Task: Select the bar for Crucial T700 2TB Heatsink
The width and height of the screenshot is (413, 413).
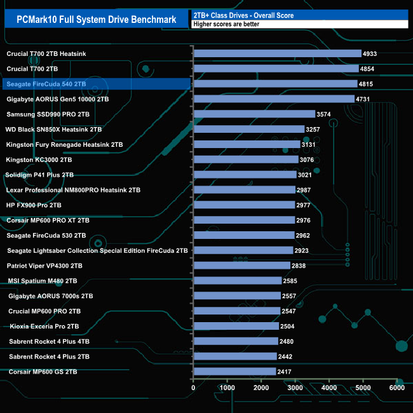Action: click(277, 54)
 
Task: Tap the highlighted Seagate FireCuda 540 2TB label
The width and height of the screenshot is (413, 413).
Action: click(45, 84)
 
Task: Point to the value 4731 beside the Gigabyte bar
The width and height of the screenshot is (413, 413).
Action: click(365, 99)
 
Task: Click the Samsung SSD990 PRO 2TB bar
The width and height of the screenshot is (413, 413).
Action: click(254, 114)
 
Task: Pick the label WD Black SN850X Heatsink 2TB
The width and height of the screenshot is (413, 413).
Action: click(54, 129)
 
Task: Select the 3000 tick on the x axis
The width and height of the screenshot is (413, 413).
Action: click(295, 388)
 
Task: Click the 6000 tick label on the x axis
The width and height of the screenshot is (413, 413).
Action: click(396, 388)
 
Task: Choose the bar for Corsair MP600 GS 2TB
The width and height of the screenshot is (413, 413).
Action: click(234, 371)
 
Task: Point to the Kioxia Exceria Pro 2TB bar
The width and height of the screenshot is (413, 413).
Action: click(236, 326)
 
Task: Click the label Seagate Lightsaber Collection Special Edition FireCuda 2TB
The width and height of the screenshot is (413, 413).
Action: click(97, 250)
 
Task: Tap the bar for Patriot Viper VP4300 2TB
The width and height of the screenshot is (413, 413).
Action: click(241, 266)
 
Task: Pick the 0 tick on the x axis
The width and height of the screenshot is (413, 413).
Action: click(193, 388)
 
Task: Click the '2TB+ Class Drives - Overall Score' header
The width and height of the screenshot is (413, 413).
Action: click(243, 15)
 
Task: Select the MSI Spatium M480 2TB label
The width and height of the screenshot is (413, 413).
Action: click(43, 281)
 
